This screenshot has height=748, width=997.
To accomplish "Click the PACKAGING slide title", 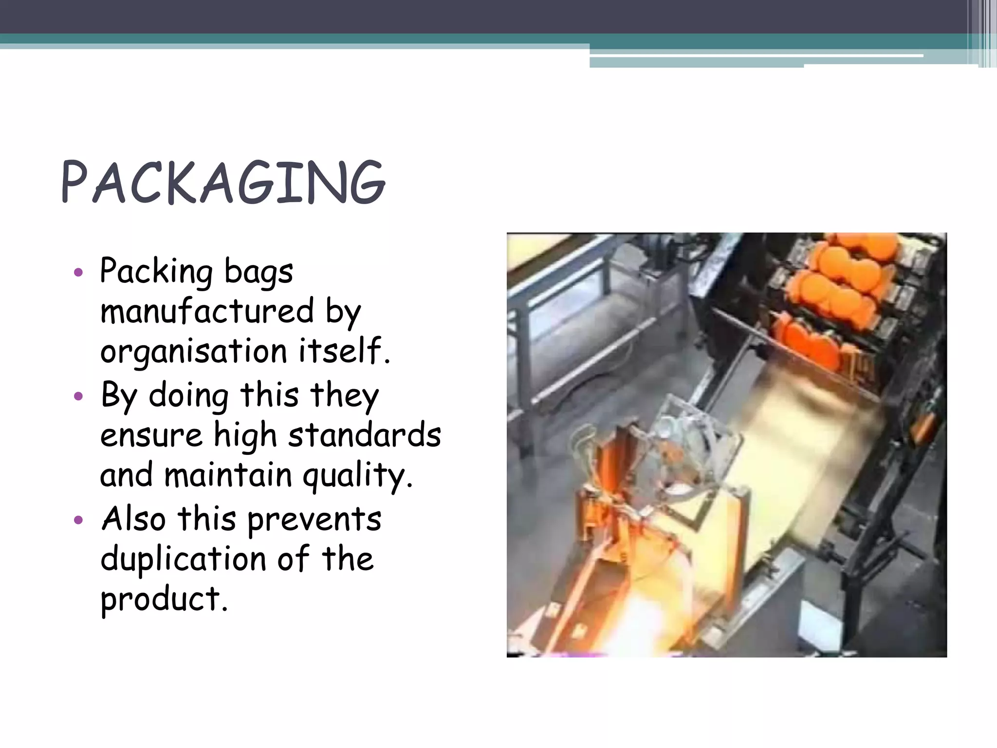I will coord(223,183).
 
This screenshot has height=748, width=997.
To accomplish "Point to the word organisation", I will coord(193,351).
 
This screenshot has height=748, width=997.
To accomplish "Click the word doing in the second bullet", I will coord(188,395).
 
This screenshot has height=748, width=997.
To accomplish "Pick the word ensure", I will coord(151,435).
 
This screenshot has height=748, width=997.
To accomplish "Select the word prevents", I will coord(314,519).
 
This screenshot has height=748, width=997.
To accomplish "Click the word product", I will coord(164,599).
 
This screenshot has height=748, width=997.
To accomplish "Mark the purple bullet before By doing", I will coord(78,396).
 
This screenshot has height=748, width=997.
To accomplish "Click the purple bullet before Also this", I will coord(78,520).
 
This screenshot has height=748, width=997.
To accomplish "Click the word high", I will coord(245,435).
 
